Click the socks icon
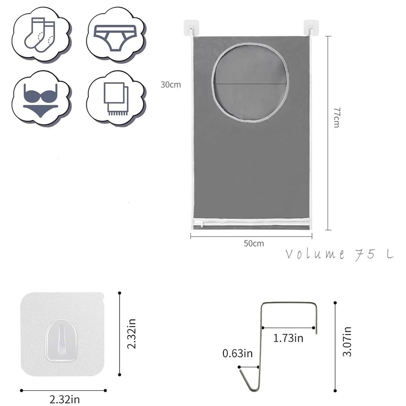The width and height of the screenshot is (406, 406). (40, 35)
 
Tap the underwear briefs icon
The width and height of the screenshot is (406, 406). (115, 38)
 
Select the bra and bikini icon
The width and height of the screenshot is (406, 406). (41, 100)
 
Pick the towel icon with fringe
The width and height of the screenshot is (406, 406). (116, 99)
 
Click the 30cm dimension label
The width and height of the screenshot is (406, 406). (171, 85)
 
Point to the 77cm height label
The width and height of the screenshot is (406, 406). (336, 118)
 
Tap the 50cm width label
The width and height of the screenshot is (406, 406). (254, 244)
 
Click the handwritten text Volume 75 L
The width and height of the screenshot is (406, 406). (340, 254)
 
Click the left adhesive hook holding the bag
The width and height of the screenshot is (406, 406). (191, 28)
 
